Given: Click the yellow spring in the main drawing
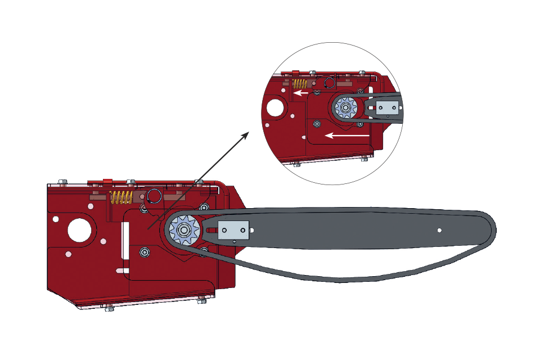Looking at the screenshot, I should pyautogui.click(x=121, y=197).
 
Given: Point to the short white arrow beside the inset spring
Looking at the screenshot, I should pyautogui.click(x=303, y=93).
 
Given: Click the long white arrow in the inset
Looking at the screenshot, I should pyautogui.click(x=348, y=135).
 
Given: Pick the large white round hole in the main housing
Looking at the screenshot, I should pyautogui.click(x=79, y=229).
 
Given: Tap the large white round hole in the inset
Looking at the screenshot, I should pyautogui.click(x=275, y=107).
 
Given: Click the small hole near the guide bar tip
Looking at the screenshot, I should pyautogui.click(x=439, y=229).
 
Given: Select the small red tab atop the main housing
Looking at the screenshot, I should pyautogui.click(x=107, y=181).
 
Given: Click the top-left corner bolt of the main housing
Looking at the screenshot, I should pyautogui.click(x=62, y=182).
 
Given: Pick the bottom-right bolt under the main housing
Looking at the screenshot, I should pyautogui.click(x=201, y=301).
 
